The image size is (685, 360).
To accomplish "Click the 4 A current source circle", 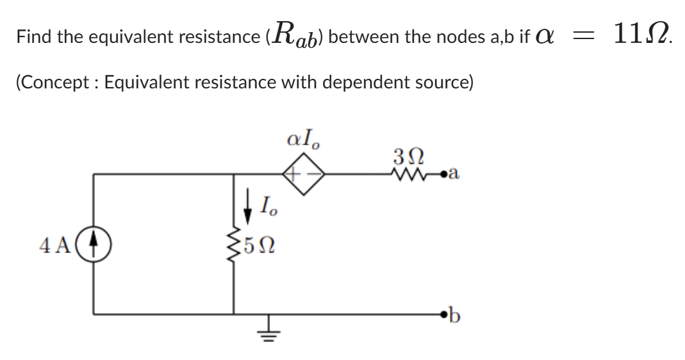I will pyautogui.click(x=94, y=245).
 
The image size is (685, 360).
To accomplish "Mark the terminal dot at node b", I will pyautogui.click(x=442, y=315).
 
